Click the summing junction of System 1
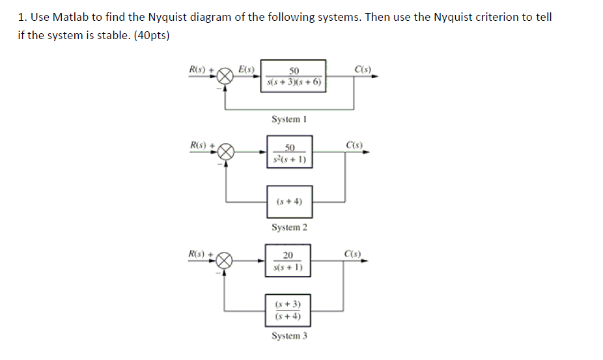coord(225,77)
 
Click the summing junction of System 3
coord(225,262)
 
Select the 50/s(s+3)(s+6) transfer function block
coord(294,77)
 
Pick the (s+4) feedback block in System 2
coord(289,202)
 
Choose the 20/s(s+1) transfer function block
coord(288,261)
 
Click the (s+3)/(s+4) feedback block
coord(288,311)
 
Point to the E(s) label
coord(246,68)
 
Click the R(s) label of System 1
coord(197,68)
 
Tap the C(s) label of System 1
coord(362,68)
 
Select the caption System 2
coord(289,227)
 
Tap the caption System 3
coord(289,336)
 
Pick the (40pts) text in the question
coord(151,36)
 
